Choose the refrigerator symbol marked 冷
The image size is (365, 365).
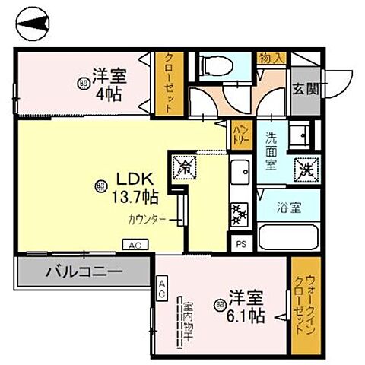[184, 166]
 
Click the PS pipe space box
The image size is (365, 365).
[241, 244]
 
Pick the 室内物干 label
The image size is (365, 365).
[186, 320]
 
